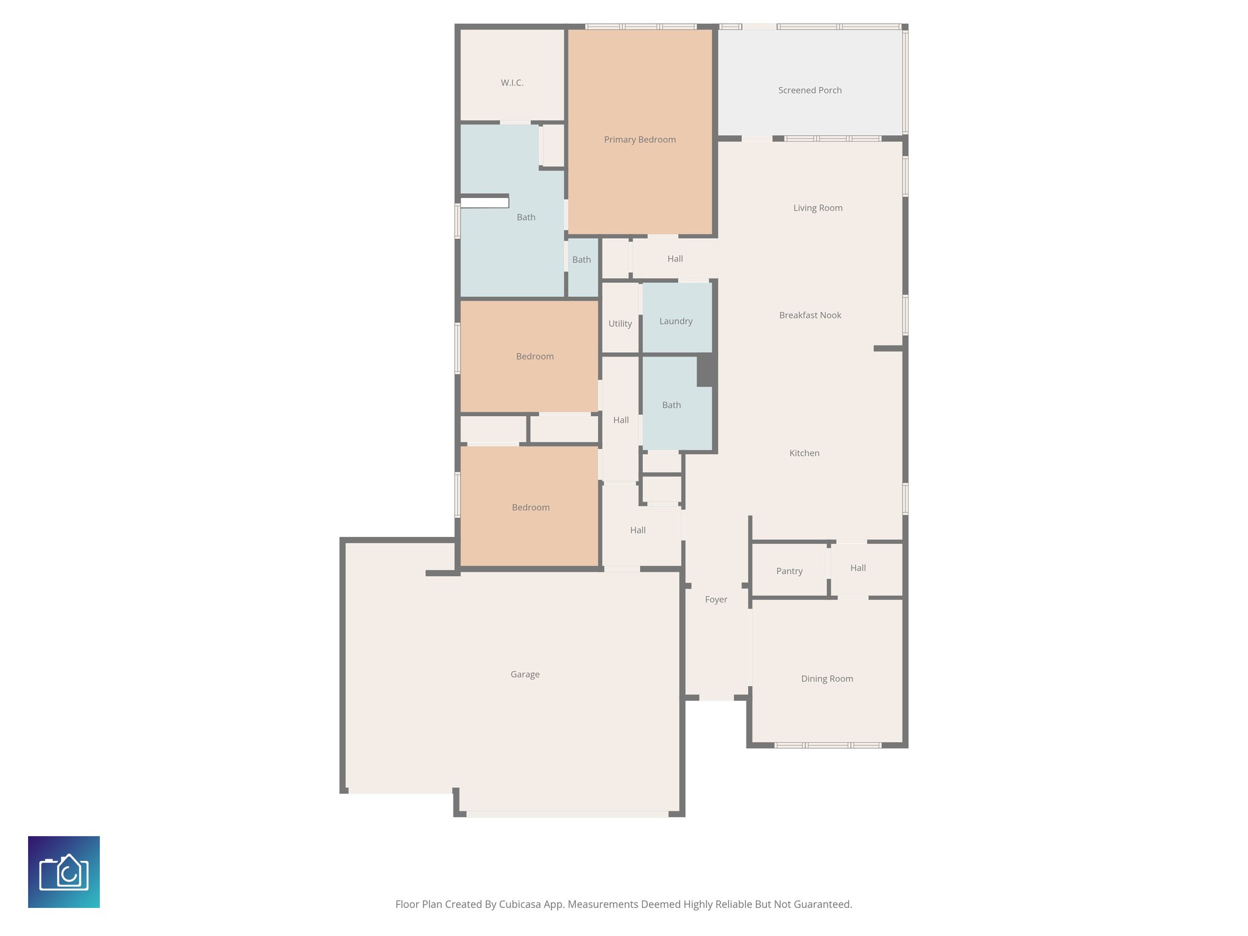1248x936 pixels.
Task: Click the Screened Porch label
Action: (809, 90)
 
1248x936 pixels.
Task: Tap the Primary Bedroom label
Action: (639, 140)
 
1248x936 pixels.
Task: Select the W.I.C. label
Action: (512, 83)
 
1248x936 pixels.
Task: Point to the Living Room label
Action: (817, 208)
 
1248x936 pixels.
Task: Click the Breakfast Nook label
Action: (810, 315)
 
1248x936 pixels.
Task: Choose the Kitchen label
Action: (804, 453)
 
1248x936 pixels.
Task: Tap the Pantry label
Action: (789, 571)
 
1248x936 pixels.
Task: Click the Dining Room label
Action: (826, 679)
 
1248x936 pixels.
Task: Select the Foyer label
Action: (716, 600)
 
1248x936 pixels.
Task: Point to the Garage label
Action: (525, 675)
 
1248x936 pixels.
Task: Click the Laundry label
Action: (676, 321)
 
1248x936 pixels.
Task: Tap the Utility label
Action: (620, 324)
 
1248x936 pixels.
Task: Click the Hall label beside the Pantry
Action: (857, 568)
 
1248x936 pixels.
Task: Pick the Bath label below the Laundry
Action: (671, 405)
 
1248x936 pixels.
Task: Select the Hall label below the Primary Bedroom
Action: (675, 259)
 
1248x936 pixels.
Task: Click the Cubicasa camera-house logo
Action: (64, 871)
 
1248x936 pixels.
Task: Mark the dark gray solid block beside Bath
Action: (706, 370)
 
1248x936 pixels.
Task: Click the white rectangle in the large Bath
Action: (484, 203)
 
